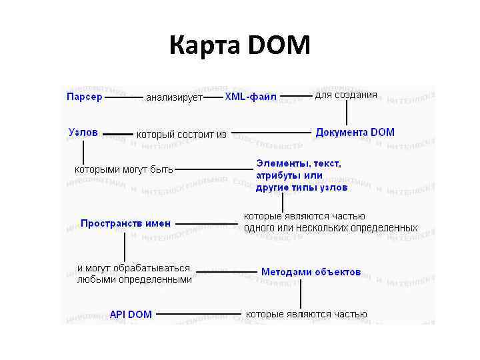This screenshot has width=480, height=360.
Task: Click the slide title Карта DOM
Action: coord(239,46)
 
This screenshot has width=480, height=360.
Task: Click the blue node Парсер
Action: coord(84,97)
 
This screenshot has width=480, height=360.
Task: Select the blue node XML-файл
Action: coord(250,97)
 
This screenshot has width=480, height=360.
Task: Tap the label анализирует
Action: coord(174,97)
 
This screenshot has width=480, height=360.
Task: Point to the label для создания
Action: coord(345,95)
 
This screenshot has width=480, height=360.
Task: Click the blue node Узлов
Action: coord(83,132)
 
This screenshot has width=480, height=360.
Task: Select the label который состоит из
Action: coord(181,134)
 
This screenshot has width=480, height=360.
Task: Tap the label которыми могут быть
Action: coord(123,169)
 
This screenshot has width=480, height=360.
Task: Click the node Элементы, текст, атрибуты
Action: coord(298,175)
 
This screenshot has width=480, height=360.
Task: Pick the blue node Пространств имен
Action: coord(125,223)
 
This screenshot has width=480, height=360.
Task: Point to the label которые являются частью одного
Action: coord(331,222)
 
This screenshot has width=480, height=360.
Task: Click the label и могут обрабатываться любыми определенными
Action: coord(134,274)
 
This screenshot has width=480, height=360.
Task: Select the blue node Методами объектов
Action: coord(311,272)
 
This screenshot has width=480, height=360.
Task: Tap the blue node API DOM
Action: coord(131,314)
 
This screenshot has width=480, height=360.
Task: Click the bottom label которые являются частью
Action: coord(307,313)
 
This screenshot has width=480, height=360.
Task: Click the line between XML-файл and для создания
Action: coord(295,96)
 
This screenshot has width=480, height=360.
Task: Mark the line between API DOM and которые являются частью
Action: coord(199,313)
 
